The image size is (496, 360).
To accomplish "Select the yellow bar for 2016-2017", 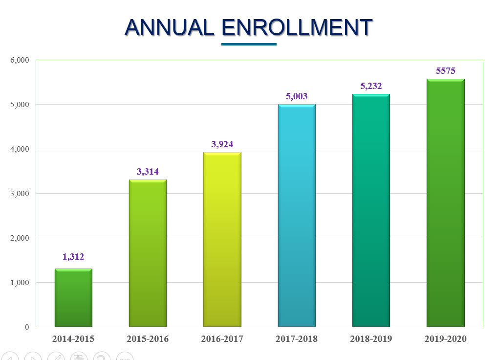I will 222,239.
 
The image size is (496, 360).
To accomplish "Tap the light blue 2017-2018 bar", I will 297,215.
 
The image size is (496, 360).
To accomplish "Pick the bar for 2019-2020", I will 445,202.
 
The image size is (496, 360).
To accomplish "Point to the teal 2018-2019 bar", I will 371,210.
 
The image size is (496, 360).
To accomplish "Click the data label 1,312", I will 73,257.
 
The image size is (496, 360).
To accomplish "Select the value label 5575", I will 445,71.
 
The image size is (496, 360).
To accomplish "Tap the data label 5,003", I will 297,96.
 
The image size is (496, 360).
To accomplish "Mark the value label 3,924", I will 222,144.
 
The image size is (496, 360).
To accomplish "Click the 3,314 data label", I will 148,172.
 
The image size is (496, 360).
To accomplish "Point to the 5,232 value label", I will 371,86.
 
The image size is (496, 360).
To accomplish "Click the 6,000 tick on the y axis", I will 20,60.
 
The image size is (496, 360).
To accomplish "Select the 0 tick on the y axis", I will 27,327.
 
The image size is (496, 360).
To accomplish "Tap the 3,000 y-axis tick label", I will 20,194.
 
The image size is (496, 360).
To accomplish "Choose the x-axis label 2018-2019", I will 371,339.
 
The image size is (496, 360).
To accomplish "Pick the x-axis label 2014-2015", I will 73,339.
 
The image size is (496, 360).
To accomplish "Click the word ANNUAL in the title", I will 170,28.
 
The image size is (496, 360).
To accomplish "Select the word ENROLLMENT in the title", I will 297,28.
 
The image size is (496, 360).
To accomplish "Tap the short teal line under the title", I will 249,44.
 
